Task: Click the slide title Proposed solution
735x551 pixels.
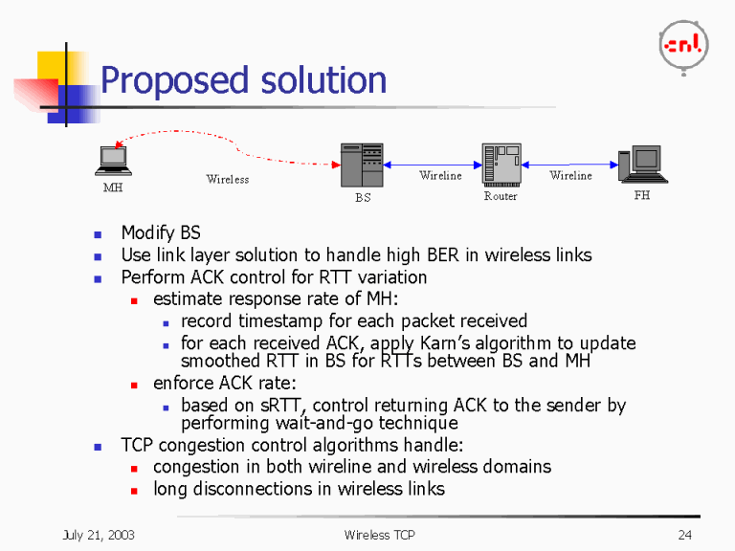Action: click(243, 80)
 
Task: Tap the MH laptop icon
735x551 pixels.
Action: click(113, 161)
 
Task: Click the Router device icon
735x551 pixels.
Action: click(501, 165)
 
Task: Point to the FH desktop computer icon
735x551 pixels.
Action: click(641, 165)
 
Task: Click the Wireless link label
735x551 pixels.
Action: click(227, 179)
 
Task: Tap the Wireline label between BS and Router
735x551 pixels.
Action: click(440, 176)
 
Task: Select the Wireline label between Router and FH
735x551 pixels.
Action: click(570, 176)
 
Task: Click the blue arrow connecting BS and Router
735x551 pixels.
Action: click(432, 164)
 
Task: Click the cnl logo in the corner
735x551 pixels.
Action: click(683, 44)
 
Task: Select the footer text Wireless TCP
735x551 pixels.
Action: click(379, 535)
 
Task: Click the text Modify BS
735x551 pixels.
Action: click(161, 232)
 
